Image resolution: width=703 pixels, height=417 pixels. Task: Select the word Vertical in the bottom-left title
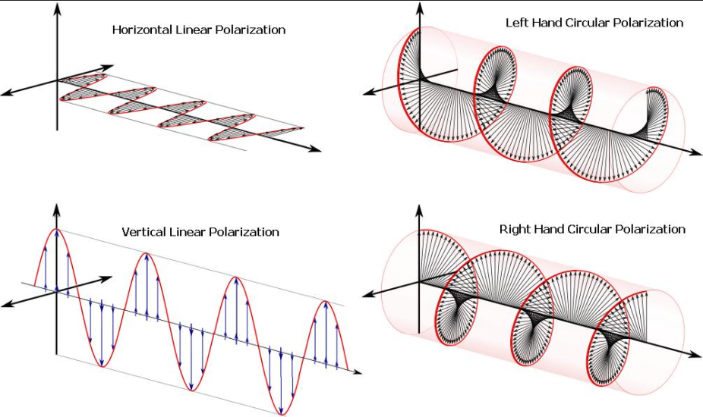(x=144, y=232)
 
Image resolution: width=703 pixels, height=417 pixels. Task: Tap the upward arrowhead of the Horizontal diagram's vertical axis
(x=58, y=8)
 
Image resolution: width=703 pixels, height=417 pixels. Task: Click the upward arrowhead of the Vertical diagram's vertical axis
(x=56, y=209)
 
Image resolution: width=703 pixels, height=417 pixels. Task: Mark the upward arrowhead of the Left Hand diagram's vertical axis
(x=420, y=8)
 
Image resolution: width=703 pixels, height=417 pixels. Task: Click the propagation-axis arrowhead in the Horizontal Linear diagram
(x=316, y=149)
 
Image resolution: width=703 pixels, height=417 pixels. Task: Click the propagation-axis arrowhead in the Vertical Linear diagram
(x=356, y=372)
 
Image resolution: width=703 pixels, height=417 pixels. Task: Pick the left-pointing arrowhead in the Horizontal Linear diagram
(x=8, y=92)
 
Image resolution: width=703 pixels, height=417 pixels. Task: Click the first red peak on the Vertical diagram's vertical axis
(x=56, y=229)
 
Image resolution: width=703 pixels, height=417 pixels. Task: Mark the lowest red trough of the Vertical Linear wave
(x=282, y=413)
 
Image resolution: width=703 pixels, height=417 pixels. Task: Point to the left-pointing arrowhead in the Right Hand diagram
(x=369, y=295)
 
